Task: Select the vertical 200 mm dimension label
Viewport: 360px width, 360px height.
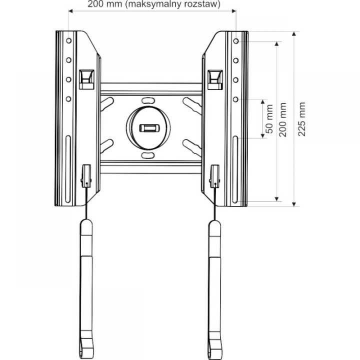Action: click(x=283, y=120)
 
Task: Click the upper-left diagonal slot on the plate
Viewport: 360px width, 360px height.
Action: click(x=107, y=104)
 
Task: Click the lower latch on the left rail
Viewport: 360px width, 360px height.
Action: click(x=86, y=174)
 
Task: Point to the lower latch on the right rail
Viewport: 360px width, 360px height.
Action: click(x=215, y=174)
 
